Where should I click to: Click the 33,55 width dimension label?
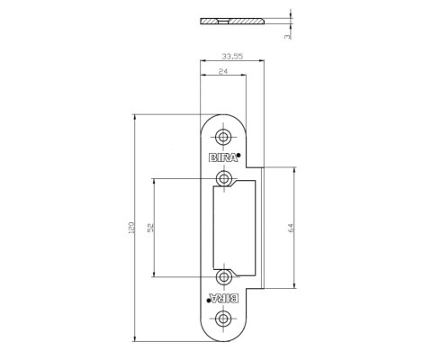[x=232, y=56]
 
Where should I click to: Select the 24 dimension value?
[x=223, y=71]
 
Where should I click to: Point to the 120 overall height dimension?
[x=131, y=228]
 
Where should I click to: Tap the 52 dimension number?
[x=150, y=228]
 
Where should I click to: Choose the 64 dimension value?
[x=291, y=228]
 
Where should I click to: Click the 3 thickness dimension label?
[x=287, y=36]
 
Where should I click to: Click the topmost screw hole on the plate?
[x=223, y=138]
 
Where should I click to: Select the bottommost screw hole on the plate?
[x=223, y=319]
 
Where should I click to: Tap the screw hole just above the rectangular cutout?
[x=223, y=179]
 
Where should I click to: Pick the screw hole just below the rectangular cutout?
[x=223, y=277]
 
